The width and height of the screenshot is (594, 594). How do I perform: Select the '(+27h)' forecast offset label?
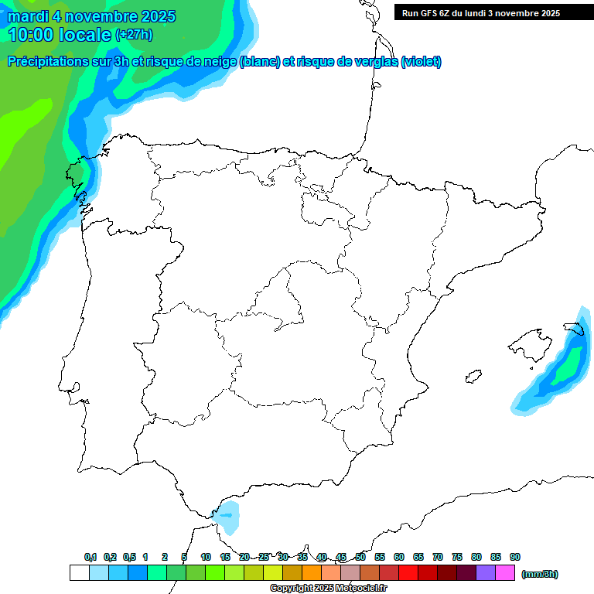coord(134,35)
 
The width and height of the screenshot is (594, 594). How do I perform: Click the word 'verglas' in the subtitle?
coord(374,62)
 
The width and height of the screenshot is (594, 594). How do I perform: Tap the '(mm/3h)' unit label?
coord(539,574)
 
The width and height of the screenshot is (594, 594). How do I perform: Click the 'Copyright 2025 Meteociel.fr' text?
coord(328,589)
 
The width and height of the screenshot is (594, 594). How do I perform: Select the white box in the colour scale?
coord(79,573)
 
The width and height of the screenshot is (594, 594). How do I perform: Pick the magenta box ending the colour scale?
coord(505,573)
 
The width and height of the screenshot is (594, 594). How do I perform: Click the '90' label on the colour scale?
coord(515,557)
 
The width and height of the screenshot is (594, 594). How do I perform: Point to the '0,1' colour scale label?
coord(90,557)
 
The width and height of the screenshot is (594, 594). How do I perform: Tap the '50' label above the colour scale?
coord(360,557)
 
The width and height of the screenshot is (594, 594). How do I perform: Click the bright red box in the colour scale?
coord(408,573)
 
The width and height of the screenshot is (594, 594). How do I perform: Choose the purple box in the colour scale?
coord(486,573)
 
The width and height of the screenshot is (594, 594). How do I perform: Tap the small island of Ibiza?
coord(473,376)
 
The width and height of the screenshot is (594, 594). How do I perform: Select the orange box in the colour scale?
coord(312,573)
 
